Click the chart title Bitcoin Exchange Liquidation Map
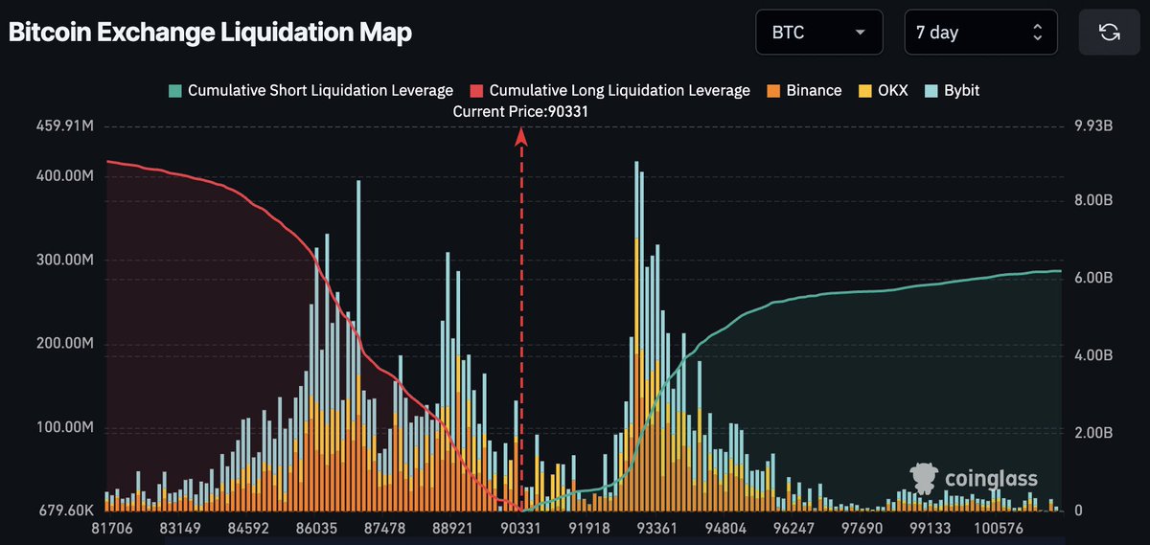coord(210,33)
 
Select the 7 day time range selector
coord(979,33)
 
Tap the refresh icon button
coord(1109,33)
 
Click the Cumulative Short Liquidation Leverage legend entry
coord(310,91)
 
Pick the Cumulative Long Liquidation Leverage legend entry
coord(609,91)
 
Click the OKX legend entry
coord(883,91)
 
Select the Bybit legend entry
coord(953,91)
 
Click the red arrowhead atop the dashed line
coord(521,136)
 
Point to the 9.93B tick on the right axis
coord(1092,125)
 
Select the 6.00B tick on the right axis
coord(1092,278)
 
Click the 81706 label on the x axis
coord(111,529)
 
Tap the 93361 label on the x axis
coord(657,529)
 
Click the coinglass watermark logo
coord(974,479)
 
